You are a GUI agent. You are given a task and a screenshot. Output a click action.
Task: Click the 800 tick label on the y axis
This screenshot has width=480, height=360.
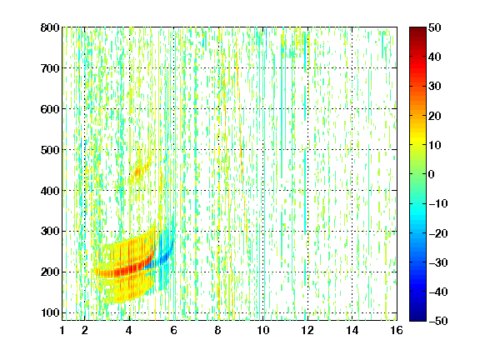[50, 27]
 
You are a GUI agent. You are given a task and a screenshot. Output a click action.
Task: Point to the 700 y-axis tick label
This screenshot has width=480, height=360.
[50, 68]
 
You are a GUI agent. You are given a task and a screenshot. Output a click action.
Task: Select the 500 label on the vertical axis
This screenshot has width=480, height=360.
[50, 150]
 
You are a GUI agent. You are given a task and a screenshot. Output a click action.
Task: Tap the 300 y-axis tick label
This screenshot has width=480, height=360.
[50, 232]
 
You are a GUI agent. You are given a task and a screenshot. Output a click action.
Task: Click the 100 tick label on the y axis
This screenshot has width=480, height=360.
[50, 312]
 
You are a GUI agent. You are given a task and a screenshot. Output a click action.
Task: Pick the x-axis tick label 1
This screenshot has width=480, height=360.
[62, 330]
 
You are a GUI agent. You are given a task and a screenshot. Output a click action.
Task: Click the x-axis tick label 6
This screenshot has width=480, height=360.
[173, 330]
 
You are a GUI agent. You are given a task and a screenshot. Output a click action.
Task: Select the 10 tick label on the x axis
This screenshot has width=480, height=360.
[263, 330]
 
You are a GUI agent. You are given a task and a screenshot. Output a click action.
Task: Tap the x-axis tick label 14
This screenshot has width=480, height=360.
[352, 330]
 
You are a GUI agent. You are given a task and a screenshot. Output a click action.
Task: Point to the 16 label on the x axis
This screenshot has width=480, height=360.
[397, 330]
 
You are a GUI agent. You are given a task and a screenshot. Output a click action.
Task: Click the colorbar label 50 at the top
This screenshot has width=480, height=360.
[435, 27]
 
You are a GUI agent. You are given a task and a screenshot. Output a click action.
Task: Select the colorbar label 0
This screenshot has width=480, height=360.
[432, 174]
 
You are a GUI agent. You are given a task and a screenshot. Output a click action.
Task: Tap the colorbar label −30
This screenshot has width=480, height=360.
[438, 262]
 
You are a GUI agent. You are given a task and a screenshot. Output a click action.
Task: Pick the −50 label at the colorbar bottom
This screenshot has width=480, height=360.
[438, 321]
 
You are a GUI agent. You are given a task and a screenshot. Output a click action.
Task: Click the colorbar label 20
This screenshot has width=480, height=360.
[435, 116]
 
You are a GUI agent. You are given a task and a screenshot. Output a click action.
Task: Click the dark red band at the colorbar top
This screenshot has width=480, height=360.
[417, 33]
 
